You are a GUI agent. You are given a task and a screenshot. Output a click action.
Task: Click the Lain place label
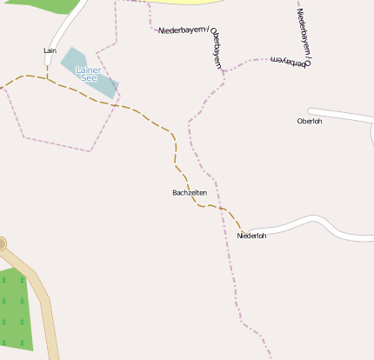click(x=50, y=50)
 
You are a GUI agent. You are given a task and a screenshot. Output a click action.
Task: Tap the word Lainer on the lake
click(x=88, y=69)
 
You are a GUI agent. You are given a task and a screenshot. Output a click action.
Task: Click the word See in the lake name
click(x=88, y=77)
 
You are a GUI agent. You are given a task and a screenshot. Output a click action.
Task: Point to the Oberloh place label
click(x=309, y=121)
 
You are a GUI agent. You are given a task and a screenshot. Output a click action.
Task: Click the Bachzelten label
click(x=190, y=192)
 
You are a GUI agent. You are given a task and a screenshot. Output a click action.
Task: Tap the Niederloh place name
click(x=251, y=235)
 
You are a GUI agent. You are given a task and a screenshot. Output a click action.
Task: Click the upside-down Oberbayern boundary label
click(x=290, y=61)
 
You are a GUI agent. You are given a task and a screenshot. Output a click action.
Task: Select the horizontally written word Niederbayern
click(x=183, y=30)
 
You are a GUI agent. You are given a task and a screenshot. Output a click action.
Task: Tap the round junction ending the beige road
click(x=1, y=244)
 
